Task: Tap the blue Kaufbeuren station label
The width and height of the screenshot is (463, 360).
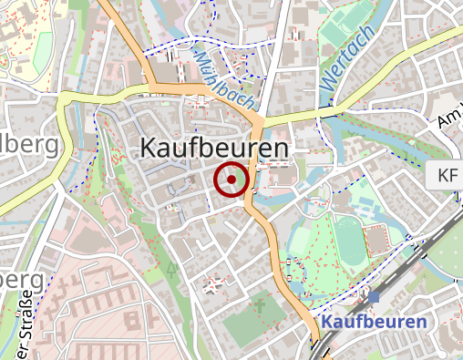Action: point(374,323)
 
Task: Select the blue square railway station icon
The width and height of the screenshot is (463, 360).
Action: point(374,296)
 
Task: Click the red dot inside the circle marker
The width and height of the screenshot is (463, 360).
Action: point(231,180)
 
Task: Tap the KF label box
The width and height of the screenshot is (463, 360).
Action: point(447,175)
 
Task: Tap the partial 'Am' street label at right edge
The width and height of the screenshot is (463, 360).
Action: point(449,119)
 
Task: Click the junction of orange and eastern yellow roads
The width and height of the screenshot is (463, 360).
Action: point(261,119)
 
